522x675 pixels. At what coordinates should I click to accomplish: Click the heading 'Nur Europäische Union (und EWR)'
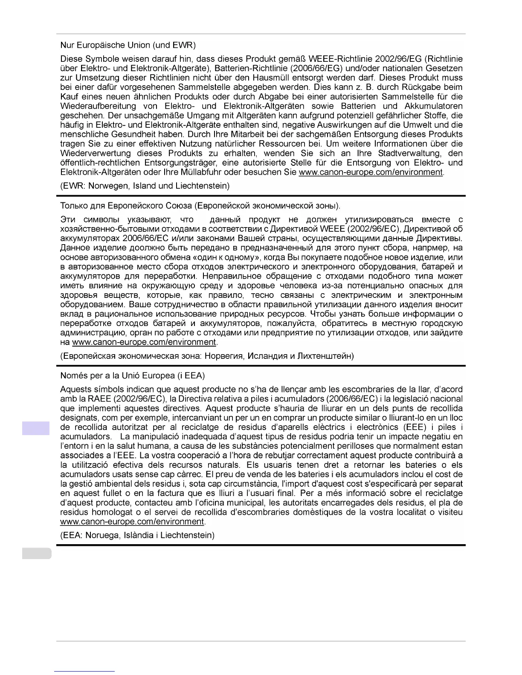128,45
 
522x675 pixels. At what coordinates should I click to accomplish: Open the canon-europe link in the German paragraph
371,173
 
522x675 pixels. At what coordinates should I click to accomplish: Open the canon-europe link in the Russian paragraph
144,342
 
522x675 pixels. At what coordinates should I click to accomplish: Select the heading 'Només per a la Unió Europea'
132,376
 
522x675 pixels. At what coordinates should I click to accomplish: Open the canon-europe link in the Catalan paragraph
132,522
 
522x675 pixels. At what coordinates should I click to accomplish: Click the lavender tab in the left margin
36,428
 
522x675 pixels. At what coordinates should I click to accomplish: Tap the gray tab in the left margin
37,554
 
